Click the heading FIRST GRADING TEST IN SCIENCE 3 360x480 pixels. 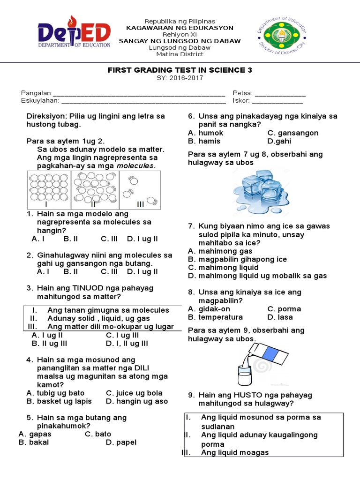click(x=180, y=70)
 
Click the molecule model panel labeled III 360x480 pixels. click(x=140, y=190)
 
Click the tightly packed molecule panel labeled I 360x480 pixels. click(x=49, y=190)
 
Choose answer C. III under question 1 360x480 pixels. click(x=109, y=239)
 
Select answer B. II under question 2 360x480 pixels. click(x=70, y=271)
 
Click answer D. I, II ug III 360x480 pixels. click(x=127, y=344)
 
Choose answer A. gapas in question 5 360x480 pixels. click(x=35, y=434)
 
